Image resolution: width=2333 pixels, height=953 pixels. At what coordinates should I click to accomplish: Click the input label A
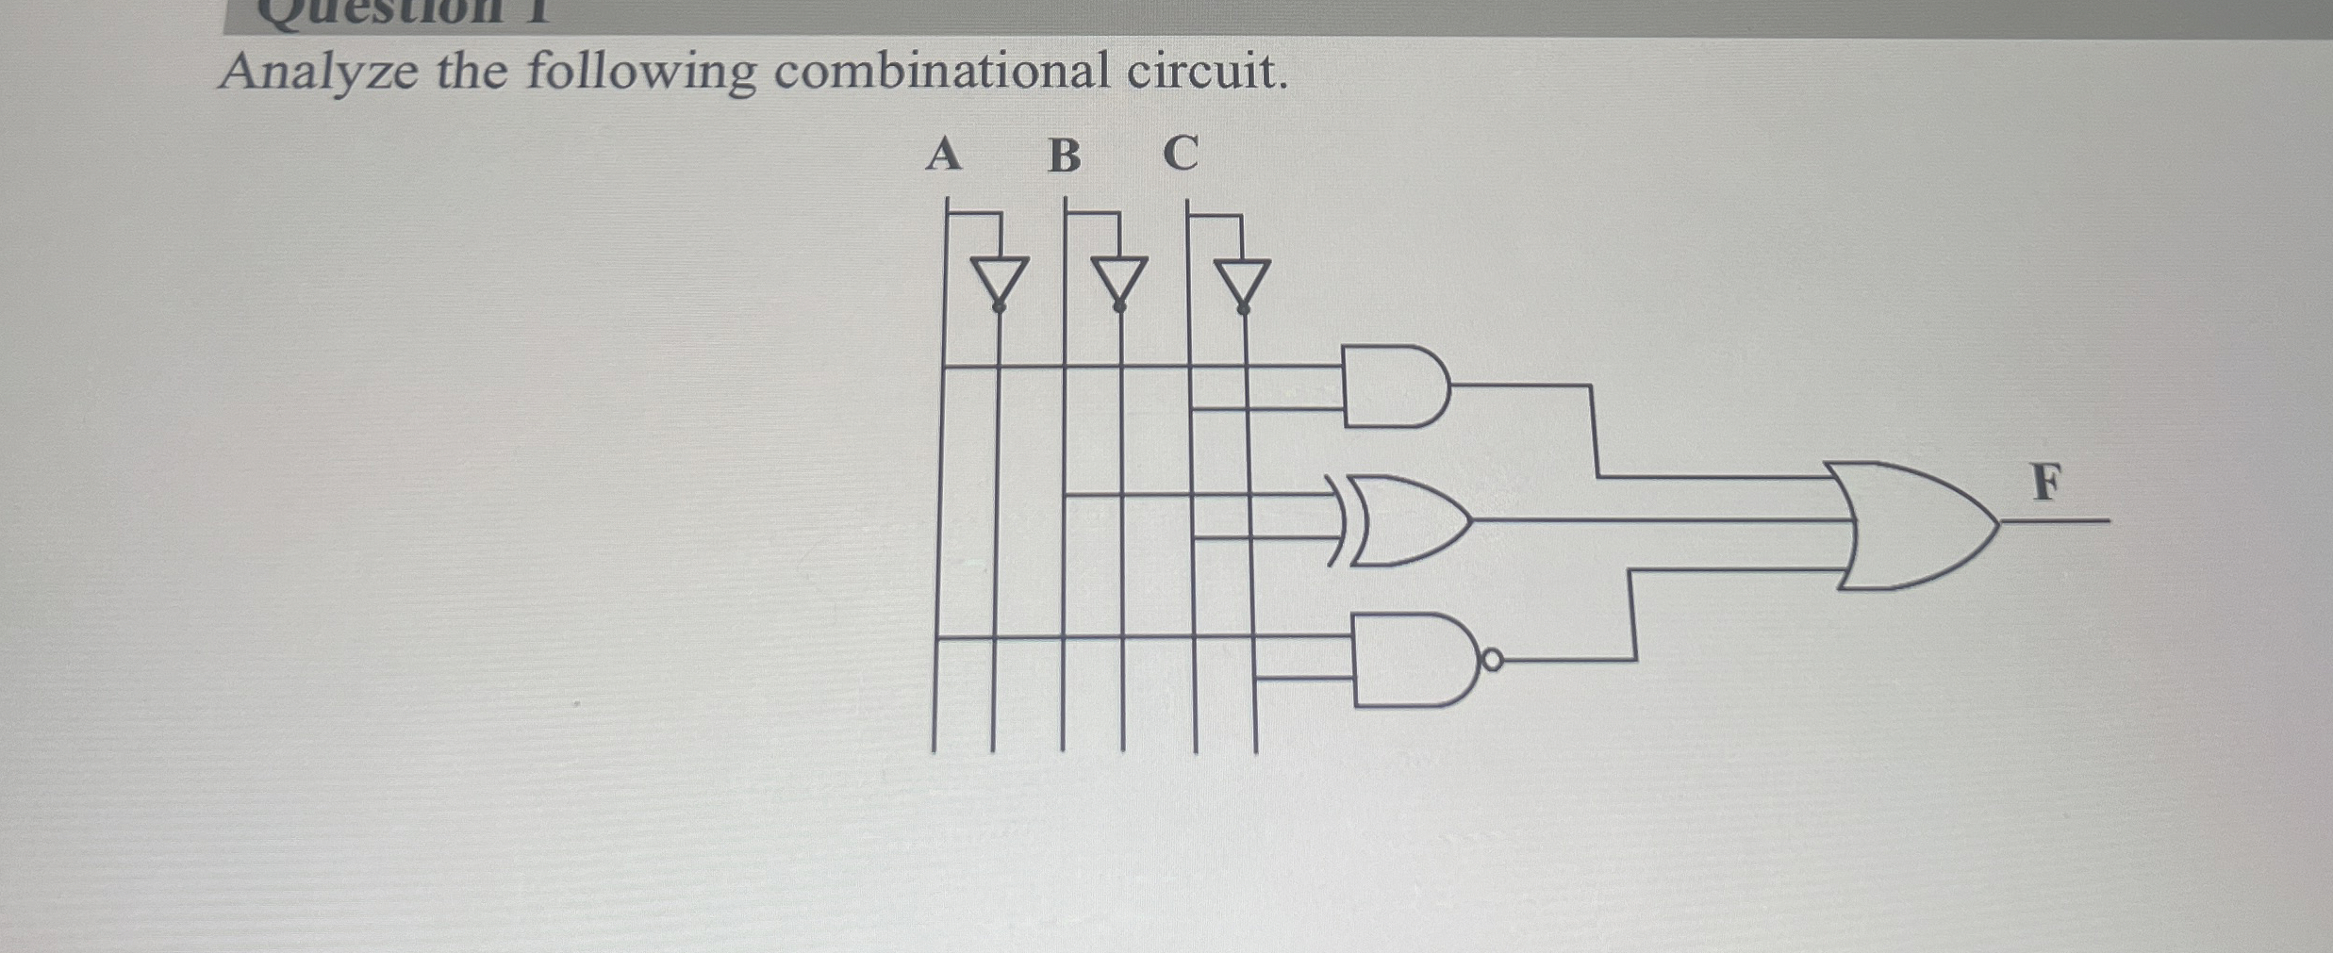coord(944,155)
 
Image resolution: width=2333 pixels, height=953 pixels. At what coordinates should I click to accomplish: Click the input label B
coord(1065,156)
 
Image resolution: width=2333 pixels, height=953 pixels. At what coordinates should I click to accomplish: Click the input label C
coord(1181,153)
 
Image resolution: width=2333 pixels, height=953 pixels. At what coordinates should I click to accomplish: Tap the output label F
coord(2045,483)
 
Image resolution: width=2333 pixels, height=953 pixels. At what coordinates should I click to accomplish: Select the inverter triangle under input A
coord(999,279)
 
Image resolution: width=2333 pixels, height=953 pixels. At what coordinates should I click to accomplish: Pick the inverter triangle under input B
coord(1119,279)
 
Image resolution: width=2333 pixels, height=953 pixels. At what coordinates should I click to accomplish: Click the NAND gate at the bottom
coord(1410,660)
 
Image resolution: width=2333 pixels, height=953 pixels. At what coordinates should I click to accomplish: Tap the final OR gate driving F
coord(1914,525)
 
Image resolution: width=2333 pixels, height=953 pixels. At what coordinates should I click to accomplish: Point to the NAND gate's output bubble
coord(1492,660)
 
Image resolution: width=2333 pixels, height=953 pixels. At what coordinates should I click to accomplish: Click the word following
coord(640,74)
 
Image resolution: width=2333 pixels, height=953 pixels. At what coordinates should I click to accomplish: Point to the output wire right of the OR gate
coord(2056,520)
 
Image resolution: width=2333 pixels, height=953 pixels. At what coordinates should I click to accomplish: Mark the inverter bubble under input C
coord(1243,308)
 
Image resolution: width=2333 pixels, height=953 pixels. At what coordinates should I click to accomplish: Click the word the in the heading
coord(472,72)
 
